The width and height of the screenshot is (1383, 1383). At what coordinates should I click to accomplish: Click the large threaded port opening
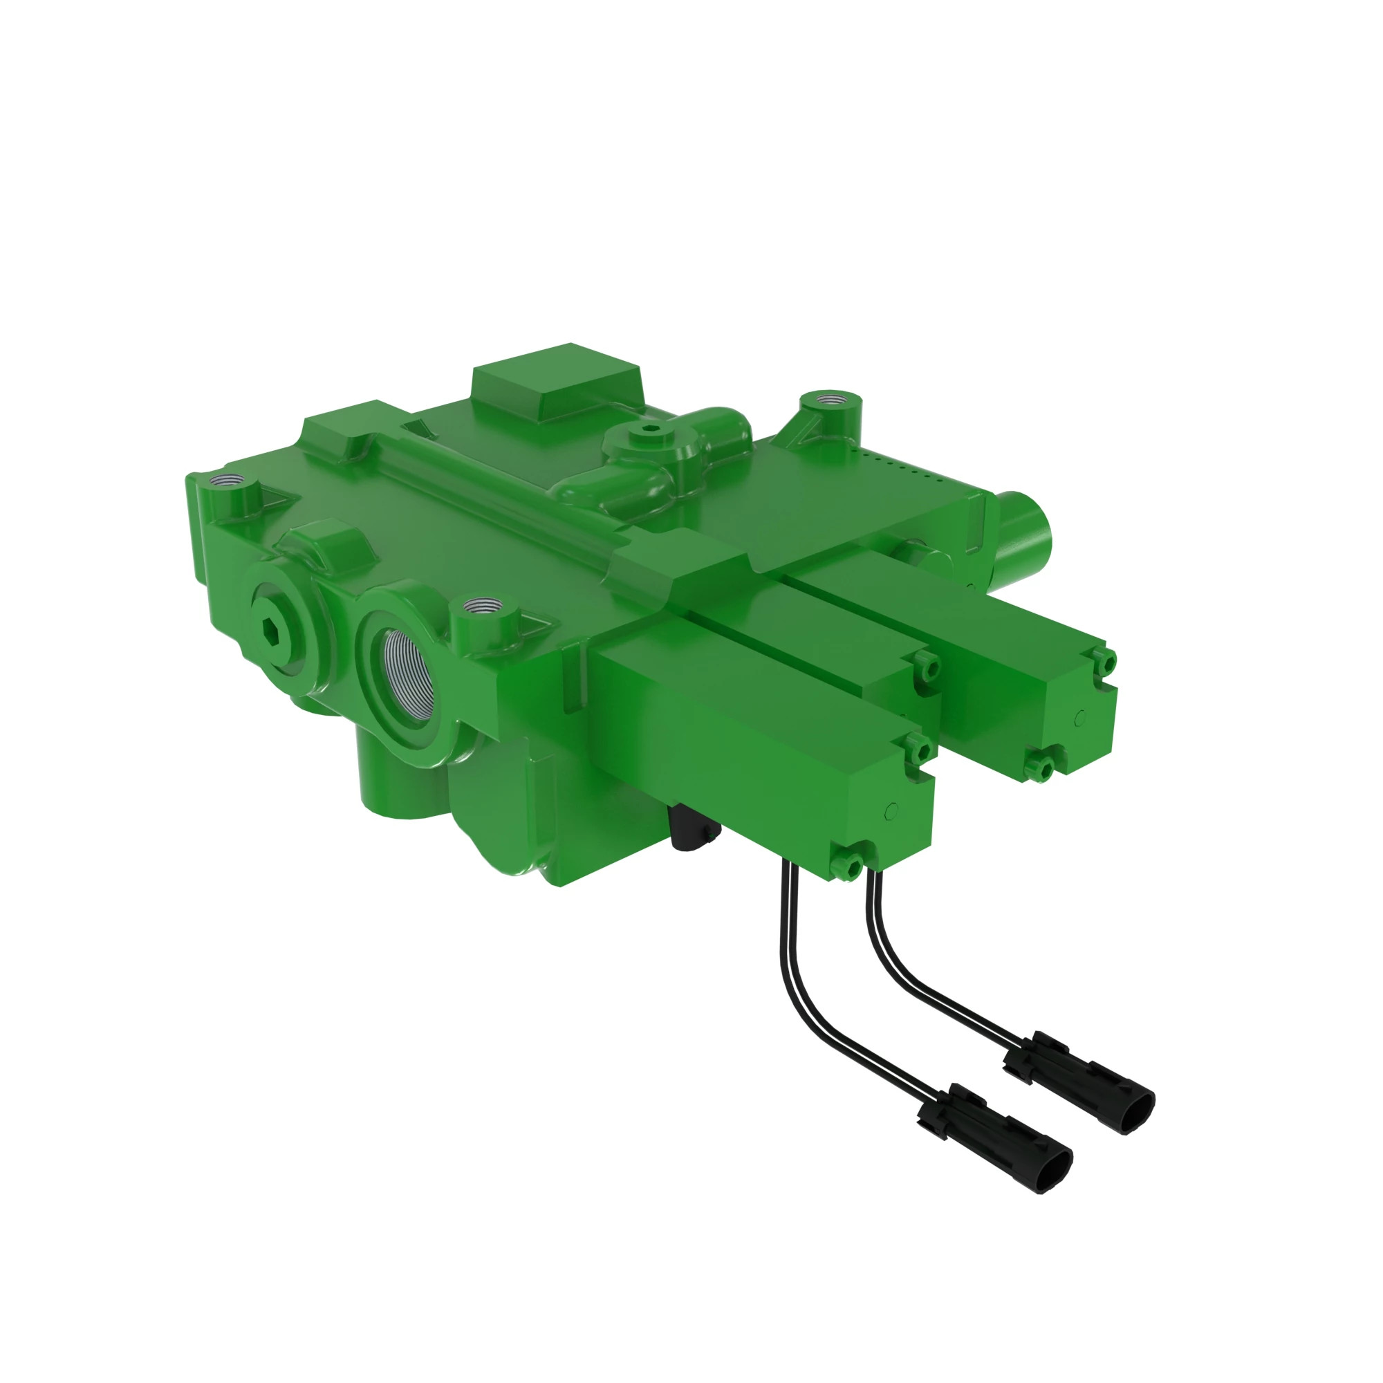(409, 676)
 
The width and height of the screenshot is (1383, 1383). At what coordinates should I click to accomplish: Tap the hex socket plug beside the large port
(272, 630)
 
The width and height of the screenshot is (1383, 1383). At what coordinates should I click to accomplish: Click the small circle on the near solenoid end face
(891, 810)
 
